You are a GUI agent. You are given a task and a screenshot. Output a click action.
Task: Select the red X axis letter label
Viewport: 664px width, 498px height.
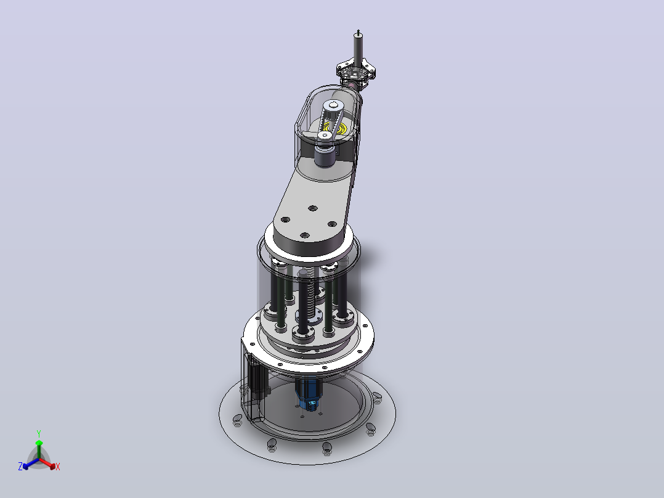point(58,467)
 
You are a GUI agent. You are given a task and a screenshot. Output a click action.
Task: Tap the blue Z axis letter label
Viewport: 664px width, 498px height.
point(20,467)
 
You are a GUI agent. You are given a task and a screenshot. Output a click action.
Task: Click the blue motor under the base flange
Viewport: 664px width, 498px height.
point(308,394)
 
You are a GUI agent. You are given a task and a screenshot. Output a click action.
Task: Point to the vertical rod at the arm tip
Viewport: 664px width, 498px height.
point(358,49)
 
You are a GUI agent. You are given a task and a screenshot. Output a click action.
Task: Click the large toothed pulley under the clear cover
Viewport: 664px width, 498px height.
point(333,109)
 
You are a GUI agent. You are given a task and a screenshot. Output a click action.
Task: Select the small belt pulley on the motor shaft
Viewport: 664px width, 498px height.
point(325,136)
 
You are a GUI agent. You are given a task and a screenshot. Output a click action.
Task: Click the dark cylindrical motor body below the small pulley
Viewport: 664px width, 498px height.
point(325,155)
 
